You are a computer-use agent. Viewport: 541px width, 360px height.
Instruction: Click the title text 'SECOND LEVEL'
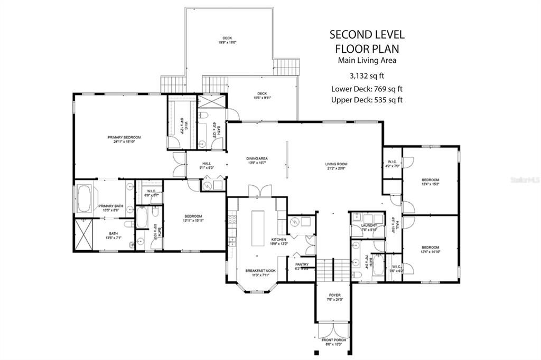367,35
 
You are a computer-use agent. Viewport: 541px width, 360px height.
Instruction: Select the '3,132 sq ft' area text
367,75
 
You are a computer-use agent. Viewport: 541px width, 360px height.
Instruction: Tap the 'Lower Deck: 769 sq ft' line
367,88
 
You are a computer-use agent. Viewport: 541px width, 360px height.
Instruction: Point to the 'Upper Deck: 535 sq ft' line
367,100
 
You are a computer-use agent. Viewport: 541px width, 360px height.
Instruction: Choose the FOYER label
334,295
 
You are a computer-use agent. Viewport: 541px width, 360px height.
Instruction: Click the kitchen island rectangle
258,228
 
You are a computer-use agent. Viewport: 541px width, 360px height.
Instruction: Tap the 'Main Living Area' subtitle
367,60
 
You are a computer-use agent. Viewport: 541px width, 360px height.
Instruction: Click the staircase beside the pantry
328,270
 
